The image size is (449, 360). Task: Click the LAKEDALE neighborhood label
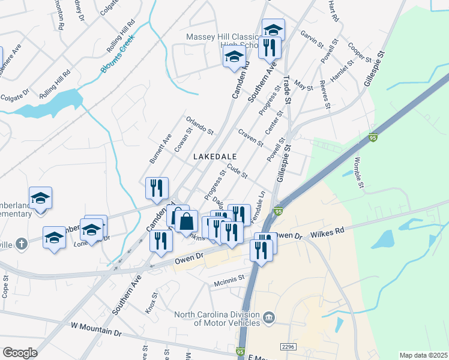[x=218, y=156]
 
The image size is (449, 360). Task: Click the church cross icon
[x=22, y=244]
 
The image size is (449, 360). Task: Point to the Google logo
[x=20, y=353]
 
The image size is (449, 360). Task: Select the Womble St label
[x=360, y=172]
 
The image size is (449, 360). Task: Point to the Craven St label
[x=251, y=138]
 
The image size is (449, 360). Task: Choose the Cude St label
[x=237, y=172]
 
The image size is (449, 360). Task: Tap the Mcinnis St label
[x=230, y=278]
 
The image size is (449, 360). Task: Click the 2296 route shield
[x=289, y=346]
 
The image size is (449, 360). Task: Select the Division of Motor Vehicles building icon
[x=269, y=317]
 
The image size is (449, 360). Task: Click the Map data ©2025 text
[x=423, y=355]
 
